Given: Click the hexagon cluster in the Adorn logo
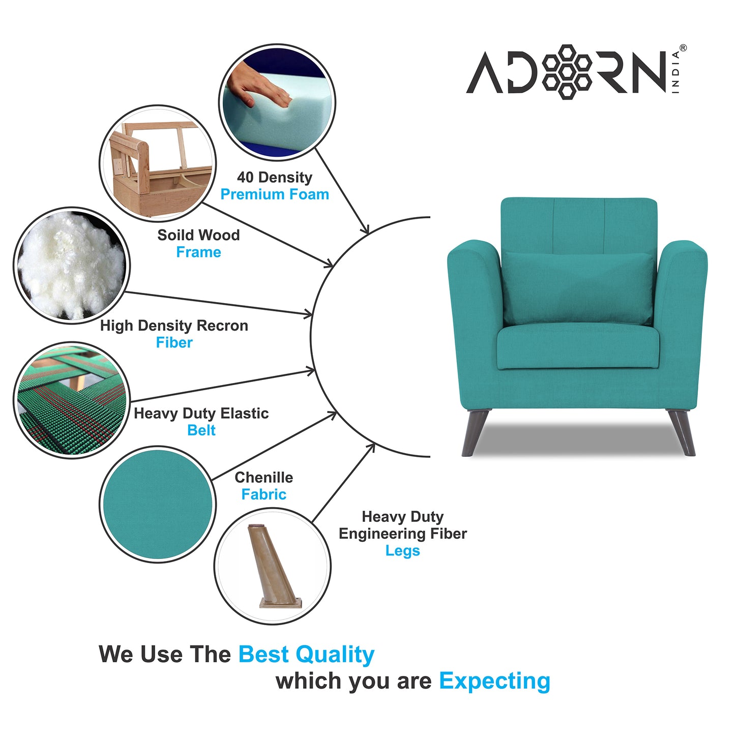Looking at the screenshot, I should tap(566, 72).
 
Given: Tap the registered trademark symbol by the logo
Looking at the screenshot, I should tap(683, 48).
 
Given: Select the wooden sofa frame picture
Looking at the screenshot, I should tap(158, 163).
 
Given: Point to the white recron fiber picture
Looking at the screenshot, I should tap(71, 264).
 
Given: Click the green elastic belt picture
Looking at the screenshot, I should tap(71, 400).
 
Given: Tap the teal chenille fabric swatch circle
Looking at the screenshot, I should tap(158, 504).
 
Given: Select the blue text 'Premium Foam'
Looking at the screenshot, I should tap(275, 194).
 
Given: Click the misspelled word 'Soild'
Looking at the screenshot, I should tap(172, 235).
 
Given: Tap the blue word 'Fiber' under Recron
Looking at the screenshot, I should tap(174, 343).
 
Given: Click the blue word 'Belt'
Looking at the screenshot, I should tap(201, 430).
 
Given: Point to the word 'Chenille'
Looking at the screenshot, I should tap(263, 478).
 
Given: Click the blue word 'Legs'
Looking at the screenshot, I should tap(402, 551).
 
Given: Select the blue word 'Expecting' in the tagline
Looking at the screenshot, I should tap(494, 681).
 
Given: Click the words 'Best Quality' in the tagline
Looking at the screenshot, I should tap(306, 655).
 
